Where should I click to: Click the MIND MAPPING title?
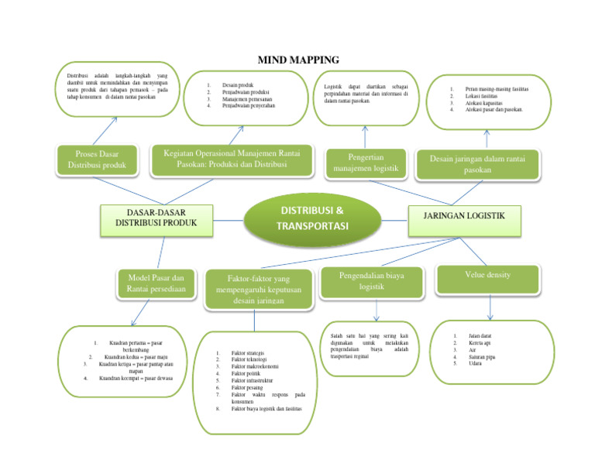pyautogui.click(x=297, y=60)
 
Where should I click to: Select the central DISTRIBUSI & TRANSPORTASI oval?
pyautogui.click(x=313, y=217)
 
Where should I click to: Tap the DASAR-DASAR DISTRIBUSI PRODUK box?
pyautogui.click(x=156, y=217)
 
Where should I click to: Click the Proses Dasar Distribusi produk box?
pyautogui.click(x=96, y=159)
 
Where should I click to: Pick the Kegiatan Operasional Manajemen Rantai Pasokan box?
pyautogui.click(x=232, y=159)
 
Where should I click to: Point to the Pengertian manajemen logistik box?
pyautogui.click(x=365, y=162)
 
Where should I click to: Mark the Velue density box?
pyautogui.click(x=487, y=276)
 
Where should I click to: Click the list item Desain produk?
pyautogui.click(x=238, y=84)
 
